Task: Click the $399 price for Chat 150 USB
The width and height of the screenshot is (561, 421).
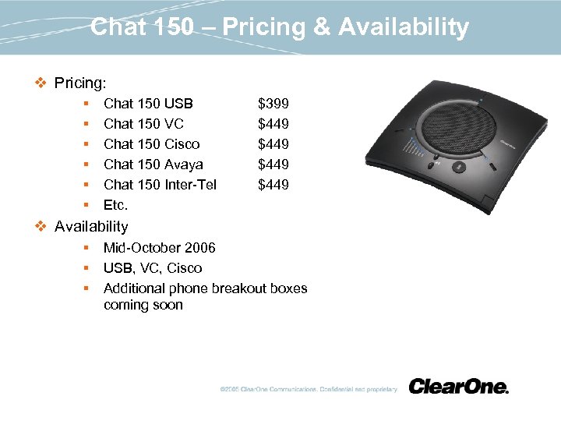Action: (273, 104)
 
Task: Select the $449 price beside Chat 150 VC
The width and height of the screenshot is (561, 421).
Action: (273, 124)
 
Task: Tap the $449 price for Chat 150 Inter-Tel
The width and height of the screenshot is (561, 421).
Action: (273, 185)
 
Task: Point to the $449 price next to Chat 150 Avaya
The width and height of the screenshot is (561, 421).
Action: (273, 165)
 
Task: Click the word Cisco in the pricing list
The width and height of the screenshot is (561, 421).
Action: (182, 144)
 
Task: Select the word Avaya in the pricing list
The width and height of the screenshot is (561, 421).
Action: (184, 165)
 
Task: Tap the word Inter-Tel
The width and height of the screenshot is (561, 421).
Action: (191, 185)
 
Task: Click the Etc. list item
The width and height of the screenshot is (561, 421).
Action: (115, 205)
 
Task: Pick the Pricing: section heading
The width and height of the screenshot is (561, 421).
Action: (80, 82)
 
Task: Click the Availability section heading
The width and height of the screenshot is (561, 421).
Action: (91, 227)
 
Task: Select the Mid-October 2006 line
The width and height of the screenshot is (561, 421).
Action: (160, 248)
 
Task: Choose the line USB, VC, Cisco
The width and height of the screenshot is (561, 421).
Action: (153, 268)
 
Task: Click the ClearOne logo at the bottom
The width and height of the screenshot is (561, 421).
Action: (458, 387)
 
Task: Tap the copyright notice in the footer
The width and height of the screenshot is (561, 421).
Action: (309, 389)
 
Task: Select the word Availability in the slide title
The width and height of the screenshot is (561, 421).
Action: (404, 28)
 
